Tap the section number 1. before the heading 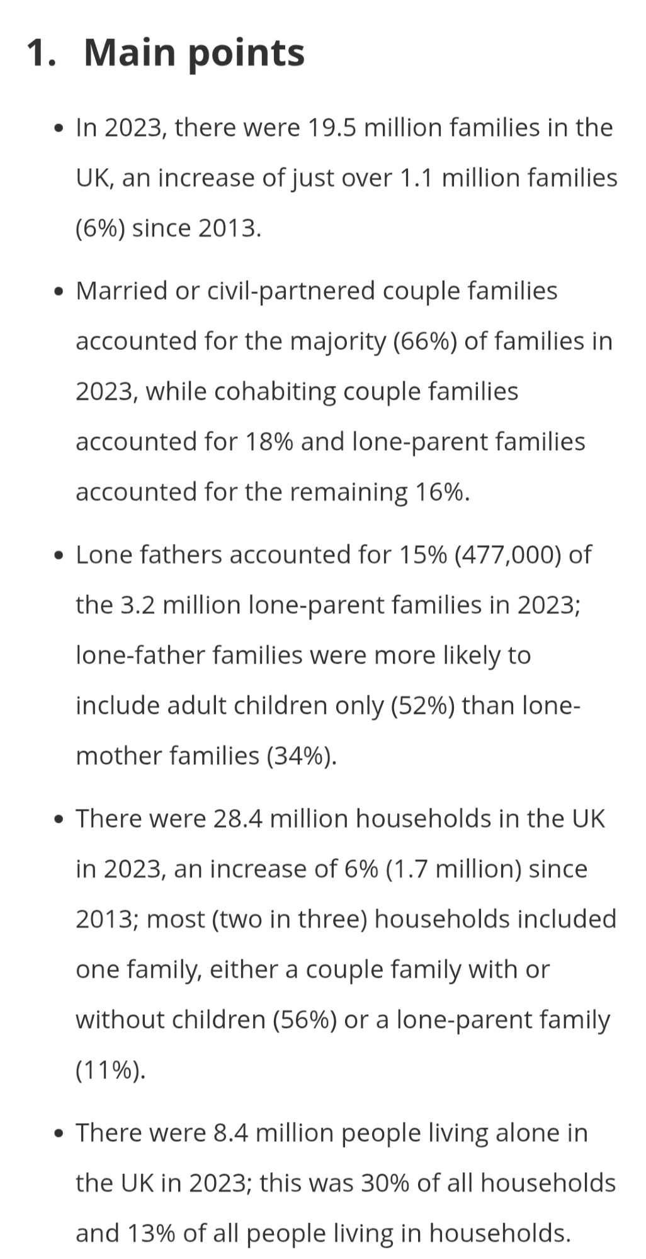tap(42, 52)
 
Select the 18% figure tap(269, 442)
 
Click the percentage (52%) tap(422, 706)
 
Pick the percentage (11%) tap(110, 1070)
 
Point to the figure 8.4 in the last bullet tap(230, 1133)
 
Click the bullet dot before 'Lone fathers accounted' tap(59, 556)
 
